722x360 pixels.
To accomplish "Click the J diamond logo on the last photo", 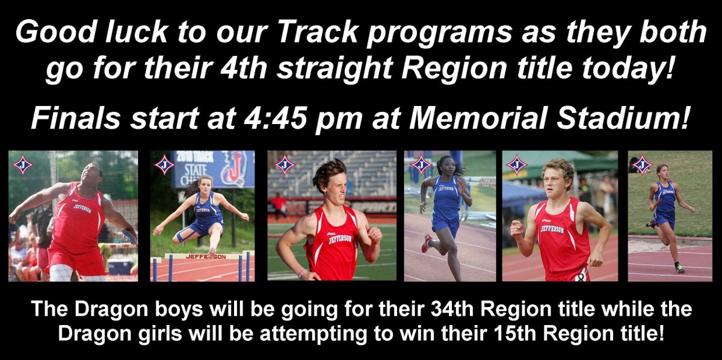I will (x=642, y=164).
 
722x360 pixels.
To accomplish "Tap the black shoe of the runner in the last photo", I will (x=679, y=268).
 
